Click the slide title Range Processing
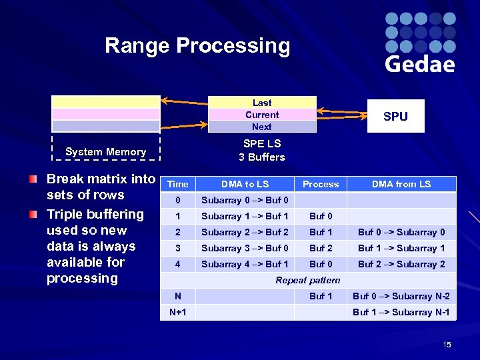click(197, 46)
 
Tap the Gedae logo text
click(420, 64)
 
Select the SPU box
click(395, 116)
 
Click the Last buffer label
click(262, 103)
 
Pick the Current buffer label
click(262, 115)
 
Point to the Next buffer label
click(262, 127)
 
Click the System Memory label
click(106, 152)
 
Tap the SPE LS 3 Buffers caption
click(262, 151)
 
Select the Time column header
click(178, 185)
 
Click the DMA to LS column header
click(245, 185)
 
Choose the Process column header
click(321, 185)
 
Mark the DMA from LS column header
click(401, 185)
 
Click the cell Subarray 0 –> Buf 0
click(245, 201)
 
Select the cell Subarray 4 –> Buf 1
click(245, 265)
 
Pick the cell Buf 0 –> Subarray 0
click(401, 233)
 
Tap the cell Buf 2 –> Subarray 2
click(401, 265)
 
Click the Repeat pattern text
click(308, 281)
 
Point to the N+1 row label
click(178, 313)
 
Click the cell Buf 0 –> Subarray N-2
click(401, 297)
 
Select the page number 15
click(447, 345)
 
